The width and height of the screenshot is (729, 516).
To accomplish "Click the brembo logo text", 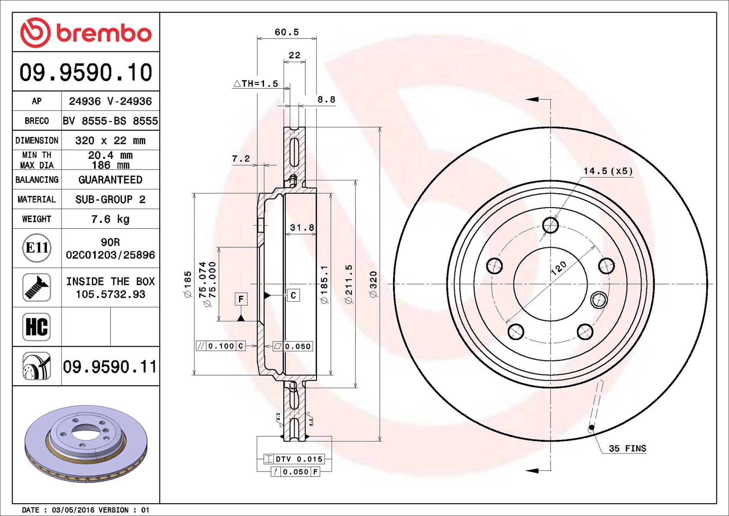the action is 104,34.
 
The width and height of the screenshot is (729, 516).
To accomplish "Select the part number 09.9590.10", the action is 86,72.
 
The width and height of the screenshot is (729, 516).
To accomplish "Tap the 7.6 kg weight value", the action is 110,219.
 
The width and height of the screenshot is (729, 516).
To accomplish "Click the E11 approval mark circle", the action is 37,248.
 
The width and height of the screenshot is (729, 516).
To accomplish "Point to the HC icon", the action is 37,327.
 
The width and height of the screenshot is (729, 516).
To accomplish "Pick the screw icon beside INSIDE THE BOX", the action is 37,287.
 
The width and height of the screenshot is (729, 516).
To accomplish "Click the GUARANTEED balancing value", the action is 110,180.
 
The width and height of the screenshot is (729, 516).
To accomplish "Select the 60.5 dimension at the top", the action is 287,32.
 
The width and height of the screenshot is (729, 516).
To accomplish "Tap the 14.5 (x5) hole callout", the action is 608,171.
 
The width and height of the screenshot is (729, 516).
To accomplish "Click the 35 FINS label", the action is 627,448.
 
